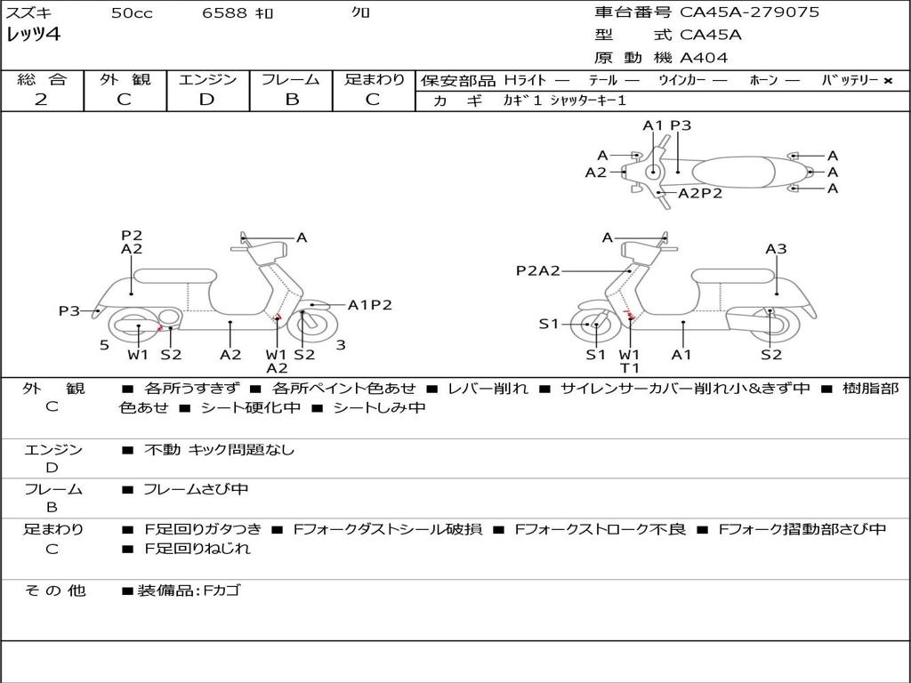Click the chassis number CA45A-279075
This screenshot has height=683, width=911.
[x=749, y=12]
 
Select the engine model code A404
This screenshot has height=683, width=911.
[x=704, y=58]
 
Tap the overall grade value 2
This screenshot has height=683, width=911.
[x=41, y=100]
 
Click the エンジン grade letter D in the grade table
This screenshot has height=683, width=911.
[x=206, y=100]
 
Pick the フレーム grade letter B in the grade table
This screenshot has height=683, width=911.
[x=291, y=100]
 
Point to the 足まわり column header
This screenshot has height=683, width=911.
[x=374, y=79]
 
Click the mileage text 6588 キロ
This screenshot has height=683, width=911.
[x=252, y=13]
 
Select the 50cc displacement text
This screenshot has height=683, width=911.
[x=132, y=13]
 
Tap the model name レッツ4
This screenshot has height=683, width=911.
[x=33, y=36]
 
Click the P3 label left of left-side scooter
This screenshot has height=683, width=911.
[x=69, y=310]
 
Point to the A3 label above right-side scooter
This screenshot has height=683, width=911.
[x=776, y=249]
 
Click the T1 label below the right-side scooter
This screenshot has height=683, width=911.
[x=630, y=368]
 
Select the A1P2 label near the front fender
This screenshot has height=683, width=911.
[x=369, y=305]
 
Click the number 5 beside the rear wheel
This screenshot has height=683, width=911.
[x=104, y=345]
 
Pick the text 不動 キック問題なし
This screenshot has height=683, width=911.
[x=219, y=450]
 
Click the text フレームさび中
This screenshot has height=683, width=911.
[x=196, y=489]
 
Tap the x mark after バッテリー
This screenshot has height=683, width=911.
[x=887, y=80]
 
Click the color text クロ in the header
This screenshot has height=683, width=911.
[x=361, y=12]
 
